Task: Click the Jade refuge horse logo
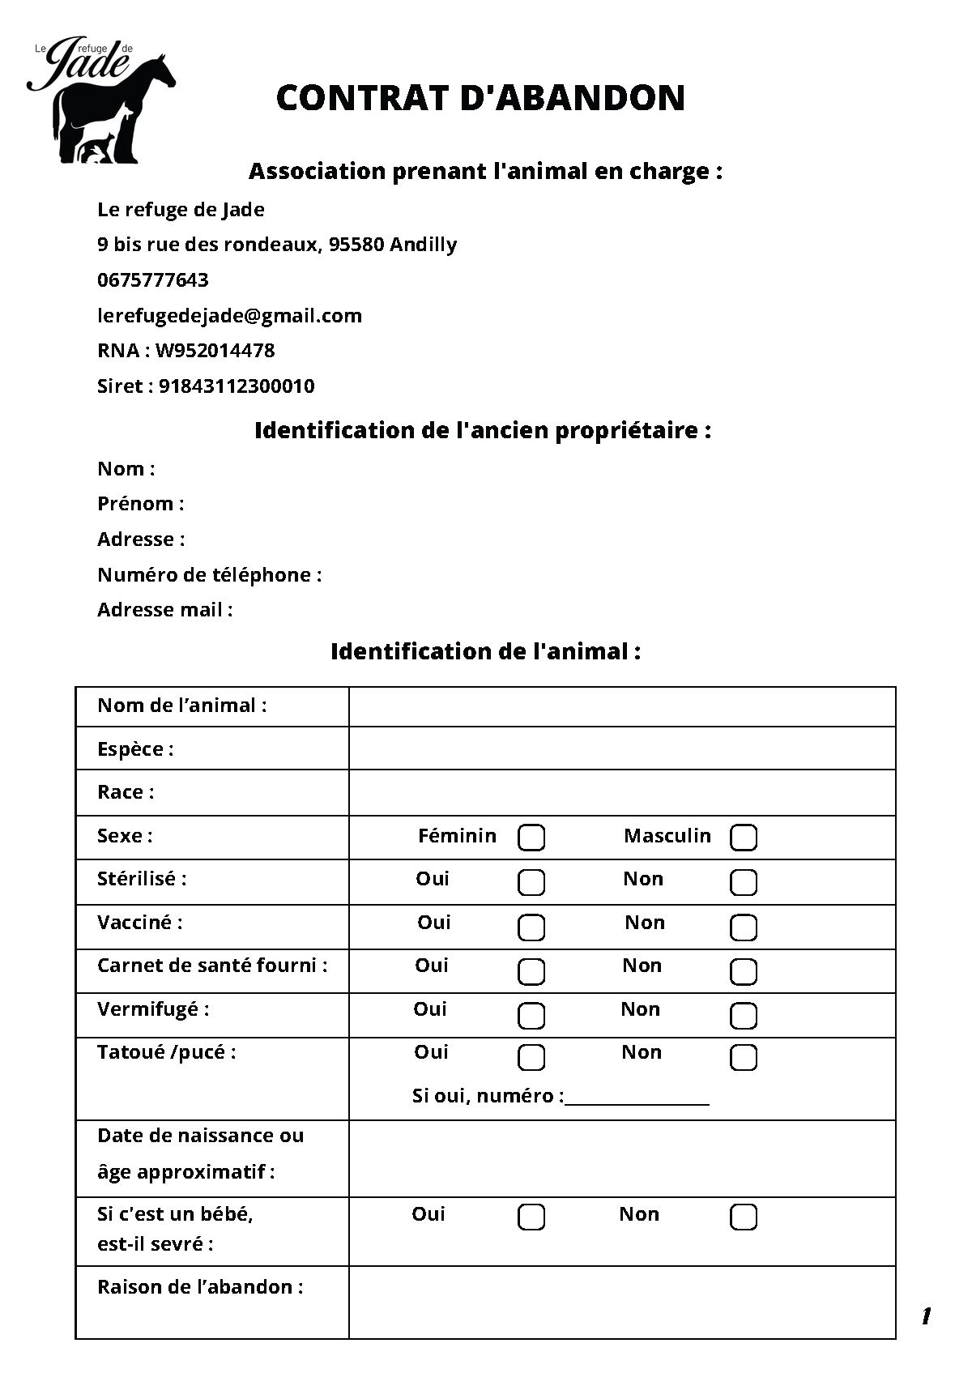(101, 100)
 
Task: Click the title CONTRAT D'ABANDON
(480, 98)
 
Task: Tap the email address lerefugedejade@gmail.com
(229, 315)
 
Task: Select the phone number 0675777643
(152, 280)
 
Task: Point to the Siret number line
(206, 386)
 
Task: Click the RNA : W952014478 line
(185, 351)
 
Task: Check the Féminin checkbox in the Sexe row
(531, 838)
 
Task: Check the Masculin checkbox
(744, 838)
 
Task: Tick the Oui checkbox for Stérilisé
(531, 881)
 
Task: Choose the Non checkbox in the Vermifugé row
(744, 1014)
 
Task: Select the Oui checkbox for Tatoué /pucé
(531, 1056)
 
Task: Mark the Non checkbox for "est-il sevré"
(744, 1217)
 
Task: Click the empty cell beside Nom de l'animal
(622, 706)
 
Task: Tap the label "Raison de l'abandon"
(200, 1287)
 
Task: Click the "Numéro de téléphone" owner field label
(209, 575)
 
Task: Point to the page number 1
(926, 1316)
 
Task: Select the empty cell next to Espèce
(622, 748)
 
